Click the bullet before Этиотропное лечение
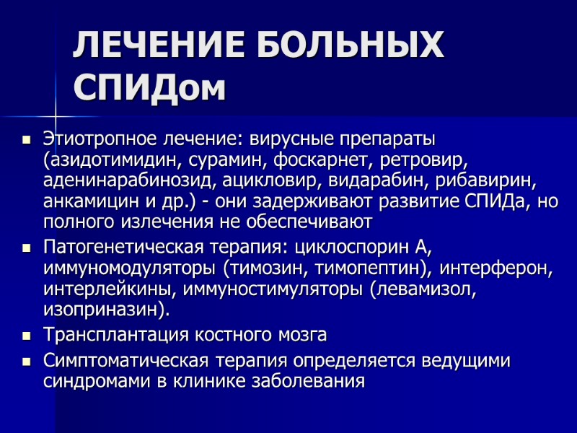tap(27, 138)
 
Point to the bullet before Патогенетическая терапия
tap(27, 249)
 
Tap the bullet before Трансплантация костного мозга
tap(27, 336)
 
